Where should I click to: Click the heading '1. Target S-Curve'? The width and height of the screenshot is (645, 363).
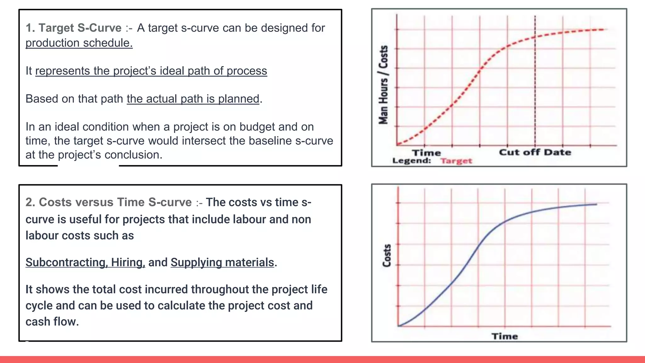73,28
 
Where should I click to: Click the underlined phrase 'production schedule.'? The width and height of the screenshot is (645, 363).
79,43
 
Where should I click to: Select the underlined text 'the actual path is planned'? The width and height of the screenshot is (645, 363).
193,99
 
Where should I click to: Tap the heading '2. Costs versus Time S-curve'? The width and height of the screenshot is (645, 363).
108,202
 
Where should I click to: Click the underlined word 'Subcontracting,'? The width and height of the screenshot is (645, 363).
66,262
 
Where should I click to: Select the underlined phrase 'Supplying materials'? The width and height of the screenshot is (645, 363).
222,262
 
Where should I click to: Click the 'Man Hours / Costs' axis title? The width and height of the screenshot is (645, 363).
383,85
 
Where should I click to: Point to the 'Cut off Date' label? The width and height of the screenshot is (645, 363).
535,153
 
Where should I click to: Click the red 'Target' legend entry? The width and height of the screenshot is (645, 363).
456,161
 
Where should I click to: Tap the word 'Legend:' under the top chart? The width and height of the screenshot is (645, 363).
411,161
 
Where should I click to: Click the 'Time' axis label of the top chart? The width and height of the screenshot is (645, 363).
426,153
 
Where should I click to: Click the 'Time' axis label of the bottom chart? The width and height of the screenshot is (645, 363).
505,336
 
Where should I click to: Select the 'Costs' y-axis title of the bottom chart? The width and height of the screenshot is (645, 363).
387,256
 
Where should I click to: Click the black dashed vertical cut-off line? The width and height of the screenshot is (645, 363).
535,95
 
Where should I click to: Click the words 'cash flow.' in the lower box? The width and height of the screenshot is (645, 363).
52,322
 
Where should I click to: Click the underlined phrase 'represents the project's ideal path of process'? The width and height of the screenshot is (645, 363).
151,71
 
